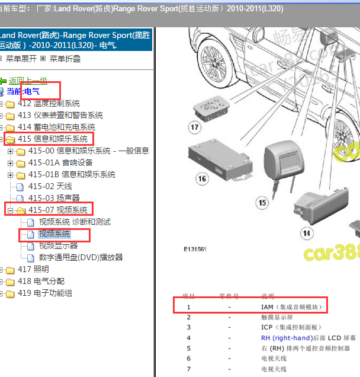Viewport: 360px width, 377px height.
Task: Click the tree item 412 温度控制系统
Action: (x=49, y=104)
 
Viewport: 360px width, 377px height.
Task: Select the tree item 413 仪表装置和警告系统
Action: (x=60, y=116)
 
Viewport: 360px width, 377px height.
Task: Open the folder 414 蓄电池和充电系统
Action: (x=56, y=127)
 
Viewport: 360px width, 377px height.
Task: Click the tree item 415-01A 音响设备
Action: (x=60, y=163)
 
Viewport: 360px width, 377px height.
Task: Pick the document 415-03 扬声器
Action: (x=54, y=199)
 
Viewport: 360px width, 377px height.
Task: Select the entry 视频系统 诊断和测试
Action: (x=75, y=222)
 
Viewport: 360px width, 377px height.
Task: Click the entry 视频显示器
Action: (x=58, y=246)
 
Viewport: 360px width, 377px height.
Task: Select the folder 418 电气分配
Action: (x=41, y=282)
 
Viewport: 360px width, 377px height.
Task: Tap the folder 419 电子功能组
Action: (x=44, y=293)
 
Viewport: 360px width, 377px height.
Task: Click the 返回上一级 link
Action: (x=28, y=81)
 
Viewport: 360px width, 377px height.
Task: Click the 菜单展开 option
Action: (x=21, y=59)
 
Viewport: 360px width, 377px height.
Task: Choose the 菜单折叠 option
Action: (x=65, y=59)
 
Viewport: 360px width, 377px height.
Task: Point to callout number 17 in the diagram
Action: (x=195, y=126)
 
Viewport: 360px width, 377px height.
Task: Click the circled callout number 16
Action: (x=202, y=179)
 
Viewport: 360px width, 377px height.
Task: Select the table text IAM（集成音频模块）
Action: (x=293, y=306)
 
